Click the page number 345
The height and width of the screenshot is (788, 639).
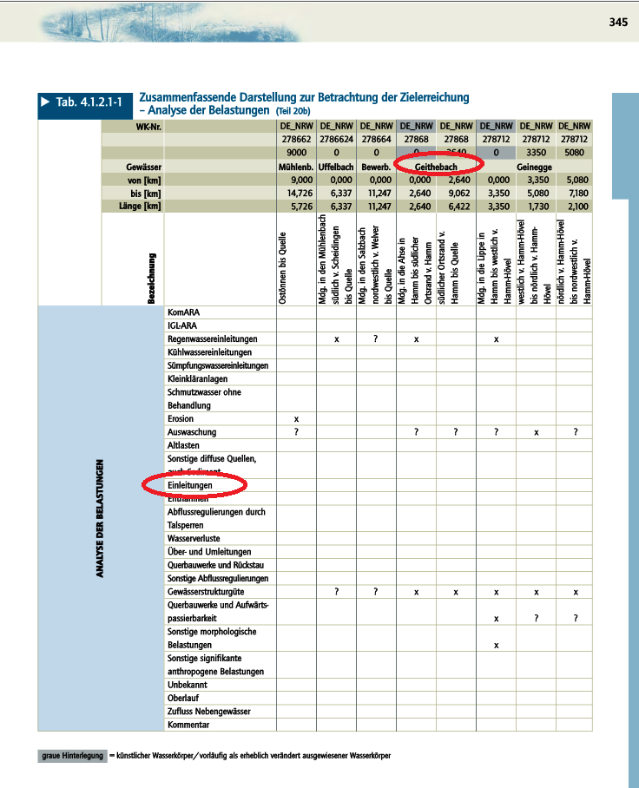point(617,22)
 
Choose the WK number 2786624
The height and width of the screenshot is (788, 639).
point(335,137)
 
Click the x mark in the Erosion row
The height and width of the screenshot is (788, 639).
point(297,418)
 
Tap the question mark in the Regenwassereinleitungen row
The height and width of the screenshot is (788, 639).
point(375,338)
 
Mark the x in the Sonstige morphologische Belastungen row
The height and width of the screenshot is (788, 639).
point(495,645)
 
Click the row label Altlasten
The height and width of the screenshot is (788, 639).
point(183,445)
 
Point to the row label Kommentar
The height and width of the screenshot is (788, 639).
point(188,725)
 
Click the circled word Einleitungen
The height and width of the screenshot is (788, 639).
point(190,485)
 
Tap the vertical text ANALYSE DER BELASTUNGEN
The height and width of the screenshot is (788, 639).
point(102,519)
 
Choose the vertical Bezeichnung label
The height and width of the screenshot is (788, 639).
point(151,278)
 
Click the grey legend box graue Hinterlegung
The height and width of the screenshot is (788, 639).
point(71,756)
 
